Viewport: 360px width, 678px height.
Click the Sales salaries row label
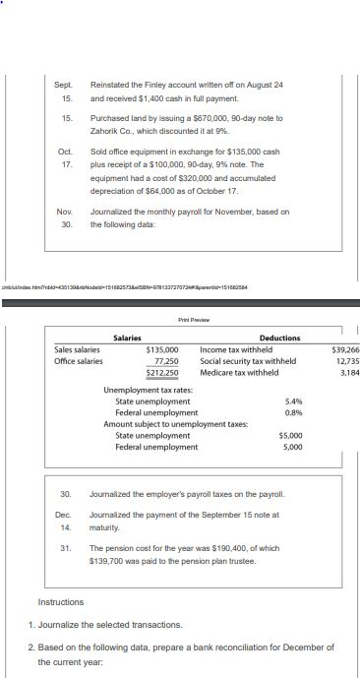point(77,349)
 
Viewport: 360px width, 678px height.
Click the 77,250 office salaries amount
point(163,361)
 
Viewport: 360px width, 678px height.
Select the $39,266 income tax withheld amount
point(345,349)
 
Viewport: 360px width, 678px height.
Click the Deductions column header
point(279,338)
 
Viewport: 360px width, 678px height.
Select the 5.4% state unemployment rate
point(292,429)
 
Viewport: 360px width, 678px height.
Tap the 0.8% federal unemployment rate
point(292,440)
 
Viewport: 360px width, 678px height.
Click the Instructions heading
point(61,601)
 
